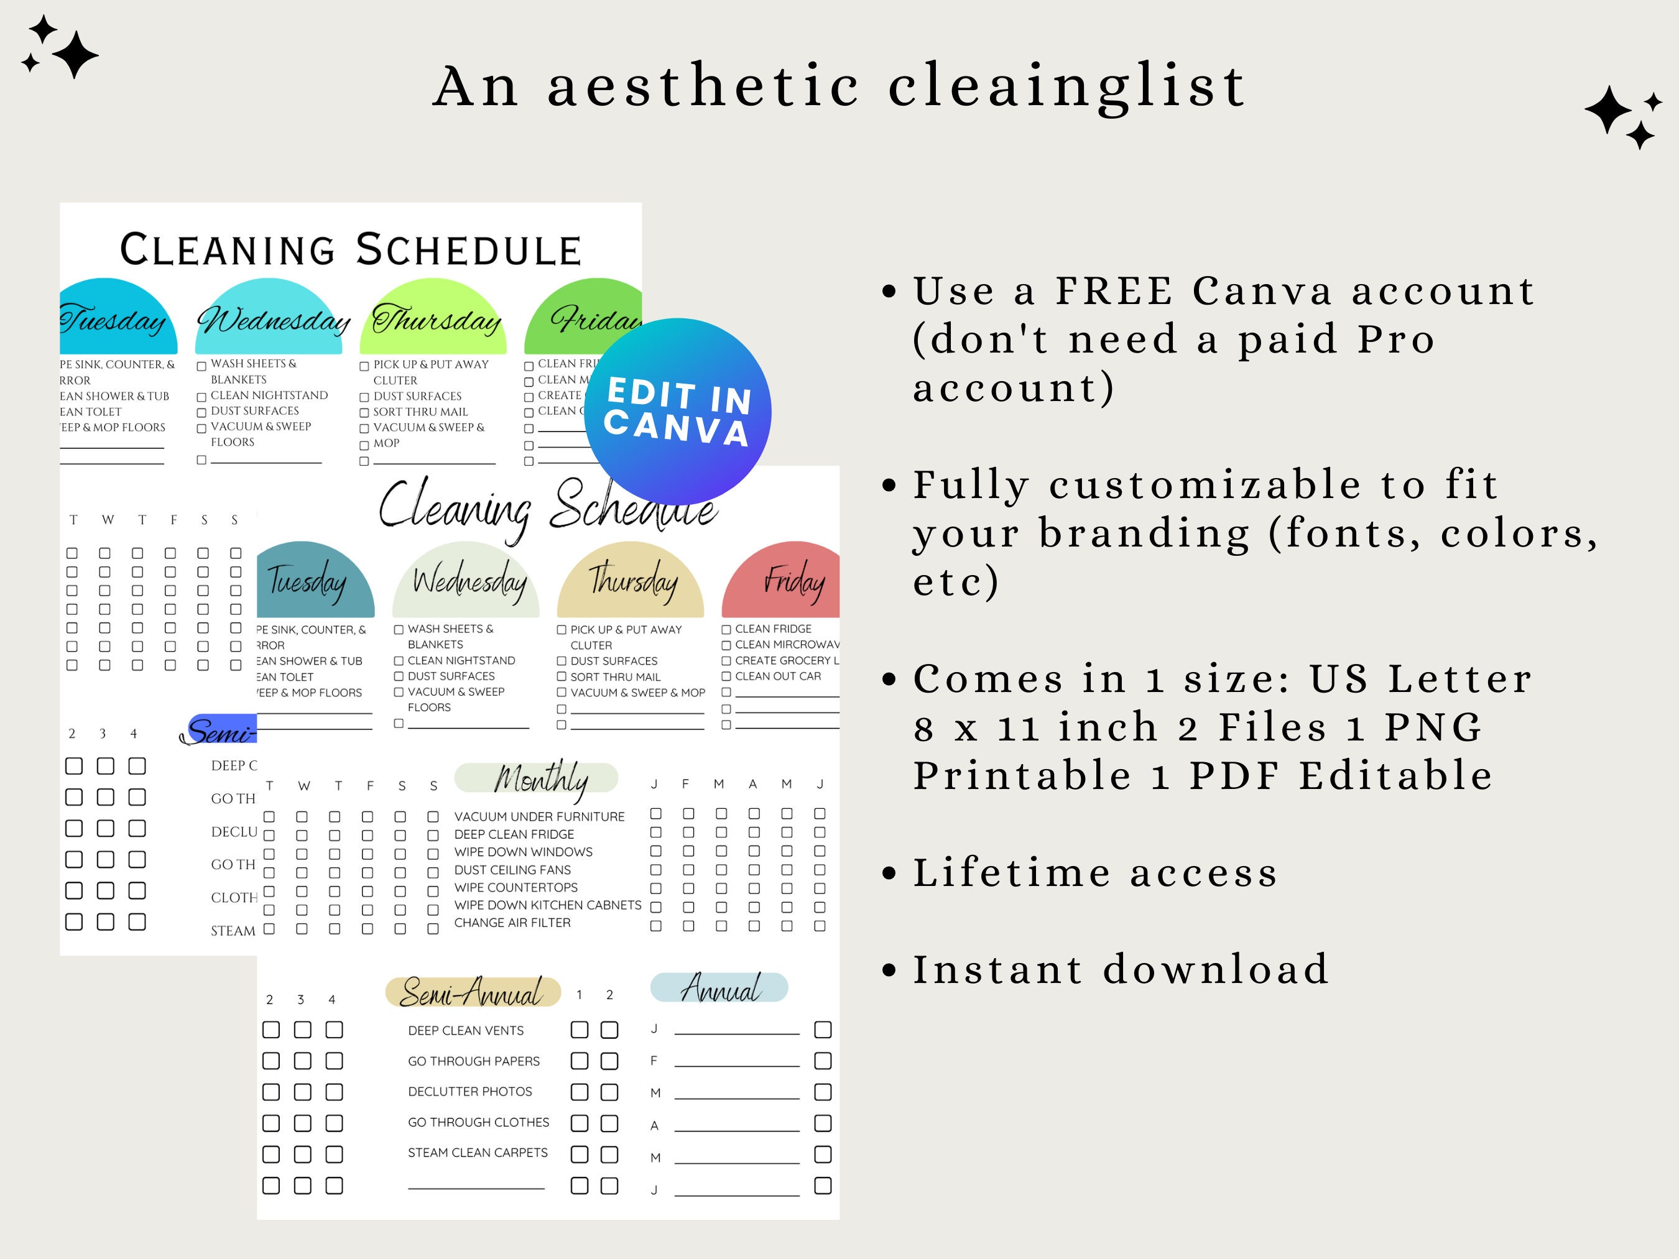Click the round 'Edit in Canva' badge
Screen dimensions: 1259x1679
(678, 412)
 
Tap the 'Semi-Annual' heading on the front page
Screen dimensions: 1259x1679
(472, 992)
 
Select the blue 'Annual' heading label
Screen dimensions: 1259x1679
(719, 987)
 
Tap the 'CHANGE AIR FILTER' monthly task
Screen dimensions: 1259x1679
(512, 923)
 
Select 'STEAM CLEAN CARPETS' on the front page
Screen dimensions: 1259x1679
(478, 1153)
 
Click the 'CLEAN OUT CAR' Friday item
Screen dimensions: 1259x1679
(777, 676)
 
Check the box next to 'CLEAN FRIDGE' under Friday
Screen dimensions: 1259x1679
(726, 630)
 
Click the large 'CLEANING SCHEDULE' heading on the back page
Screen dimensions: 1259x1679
(351, 251)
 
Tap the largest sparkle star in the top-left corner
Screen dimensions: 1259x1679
(75, 55)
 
